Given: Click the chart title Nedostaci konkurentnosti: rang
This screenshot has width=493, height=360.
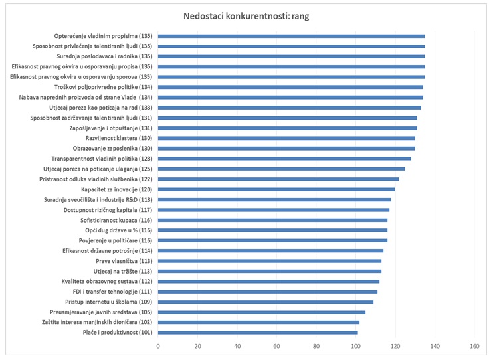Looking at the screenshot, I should click(x=246, y=16).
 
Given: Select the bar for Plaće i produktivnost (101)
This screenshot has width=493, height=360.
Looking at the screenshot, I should click(x=258, y=332).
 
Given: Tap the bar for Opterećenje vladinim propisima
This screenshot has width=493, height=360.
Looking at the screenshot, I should click(x=292, y=36).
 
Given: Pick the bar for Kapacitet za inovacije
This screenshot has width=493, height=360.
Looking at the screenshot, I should click(x=277, y=189).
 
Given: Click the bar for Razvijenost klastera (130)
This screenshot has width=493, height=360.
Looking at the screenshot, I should click(x=287, y=138).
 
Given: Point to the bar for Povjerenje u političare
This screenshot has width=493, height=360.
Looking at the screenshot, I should click(x=273, y=240).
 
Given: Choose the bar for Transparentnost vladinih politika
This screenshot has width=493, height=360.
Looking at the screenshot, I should click(x=285, y=159).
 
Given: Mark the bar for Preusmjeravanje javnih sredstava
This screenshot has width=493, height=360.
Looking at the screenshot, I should click(x=262, y=312).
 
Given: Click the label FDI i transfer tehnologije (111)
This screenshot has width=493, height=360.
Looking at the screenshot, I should click(x=112, y=292).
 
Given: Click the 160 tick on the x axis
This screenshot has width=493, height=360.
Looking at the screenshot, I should click(x=474, y=347).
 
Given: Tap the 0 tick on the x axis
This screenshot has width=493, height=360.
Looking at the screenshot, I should click(x=159, y=347).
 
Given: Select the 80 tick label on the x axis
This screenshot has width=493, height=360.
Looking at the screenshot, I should click(x=316, y=347).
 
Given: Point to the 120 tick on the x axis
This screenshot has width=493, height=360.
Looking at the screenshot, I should click(x=395, y=347).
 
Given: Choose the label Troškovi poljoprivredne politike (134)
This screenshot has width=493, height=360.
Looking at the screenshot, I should click(x=104, y=87).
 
